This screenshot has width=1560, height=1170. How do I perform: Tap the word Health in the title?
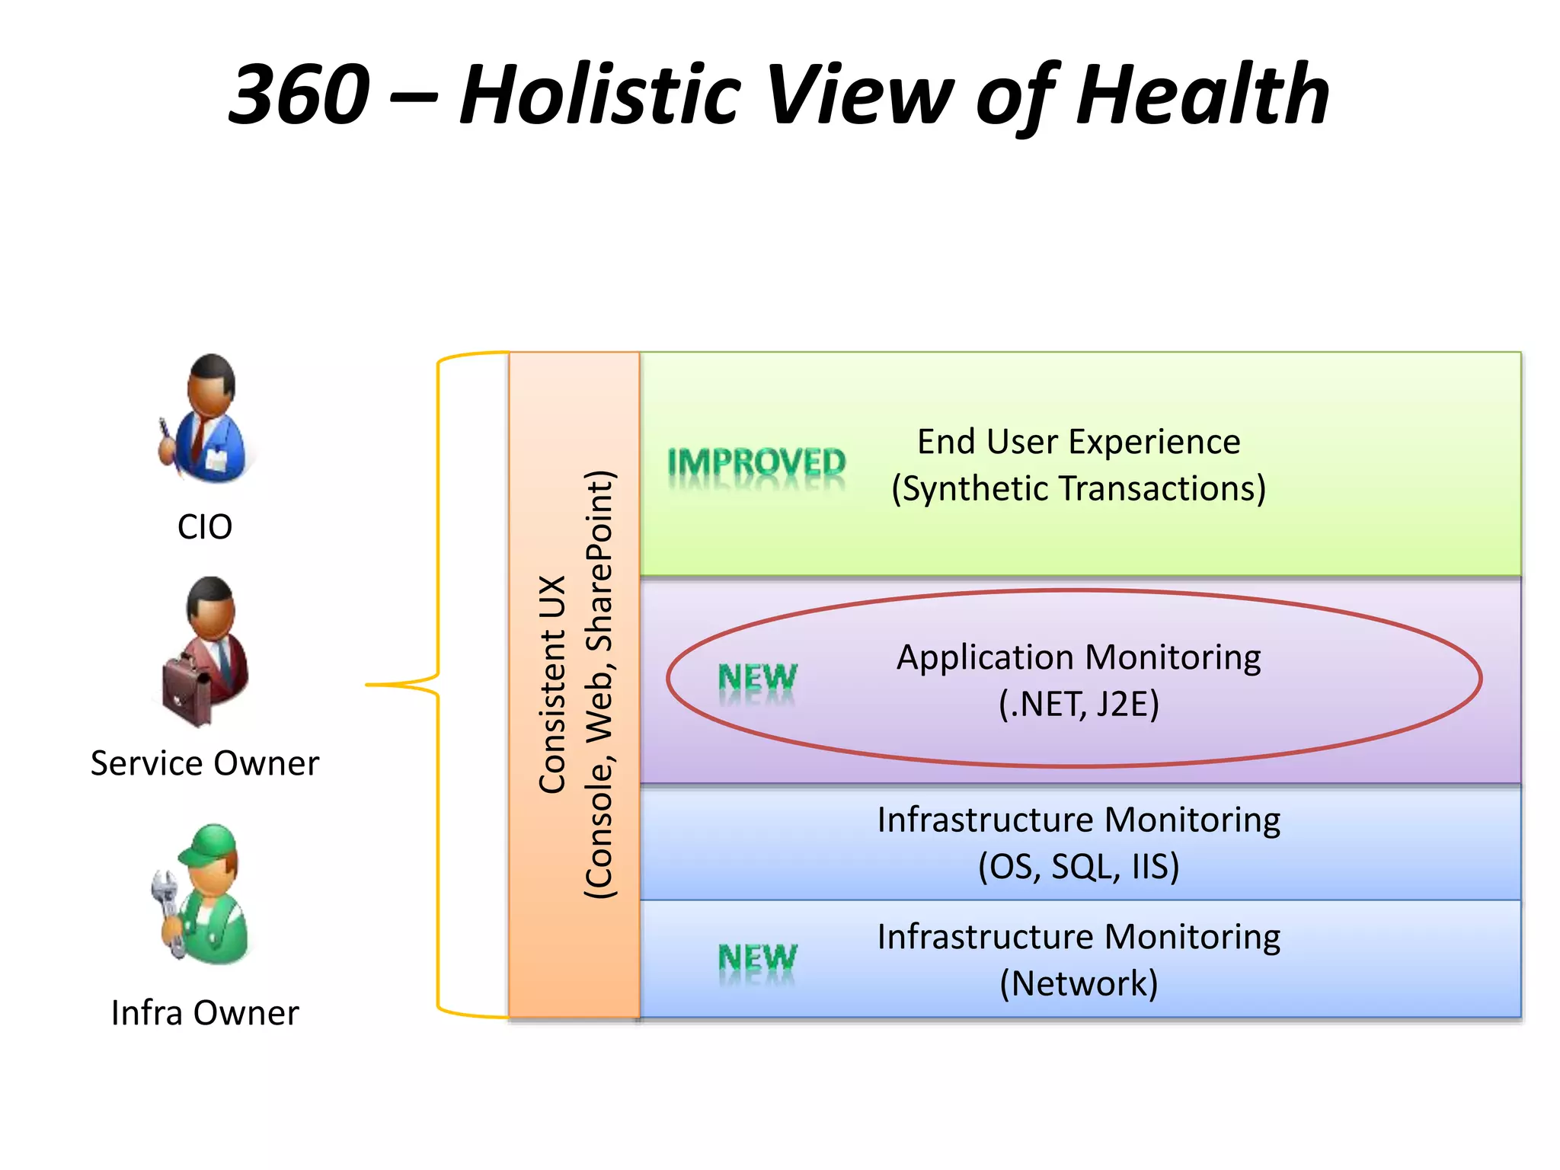pyautogui.click(x=1203, y=95)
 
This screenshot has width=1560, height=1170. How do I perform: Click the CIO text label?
pyautogui.click(x=204, y=526)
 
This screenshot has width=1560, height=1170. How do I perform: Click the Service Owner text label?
pyautogui.click(x=204, y=763)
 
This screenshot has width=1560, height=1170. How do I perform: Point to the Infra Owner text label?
pyautogui.click(x=204, y=1013)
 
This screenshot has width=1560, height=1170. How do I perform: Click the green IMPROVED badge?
pyautogui.click(x=756, y=462)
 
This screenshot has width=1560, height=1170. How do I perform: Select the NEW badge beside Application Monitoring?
pyautogui.click(x=757, y=677)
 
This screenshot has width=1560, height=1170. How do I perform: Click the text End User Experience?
pyautogui.click(x=1079, y=442)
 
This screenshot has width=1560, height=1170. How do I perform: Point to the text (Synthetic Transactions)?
pyautogui.click(x=1079, y=488)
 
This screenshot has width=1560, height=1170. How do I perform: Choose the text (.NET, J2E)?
pyautogui.click(x=1079, y=704)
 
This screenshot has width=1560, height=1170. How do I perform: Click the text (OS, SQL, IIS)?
pyautogui.click(x=1079, y=866)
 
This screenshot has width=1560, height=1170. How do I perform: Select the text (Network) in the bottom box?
pyautogui.click(x=1079, y=983)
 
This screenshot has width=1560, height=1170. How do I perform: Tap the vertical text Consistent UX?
pyautogui.click(x=552, y=684)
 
